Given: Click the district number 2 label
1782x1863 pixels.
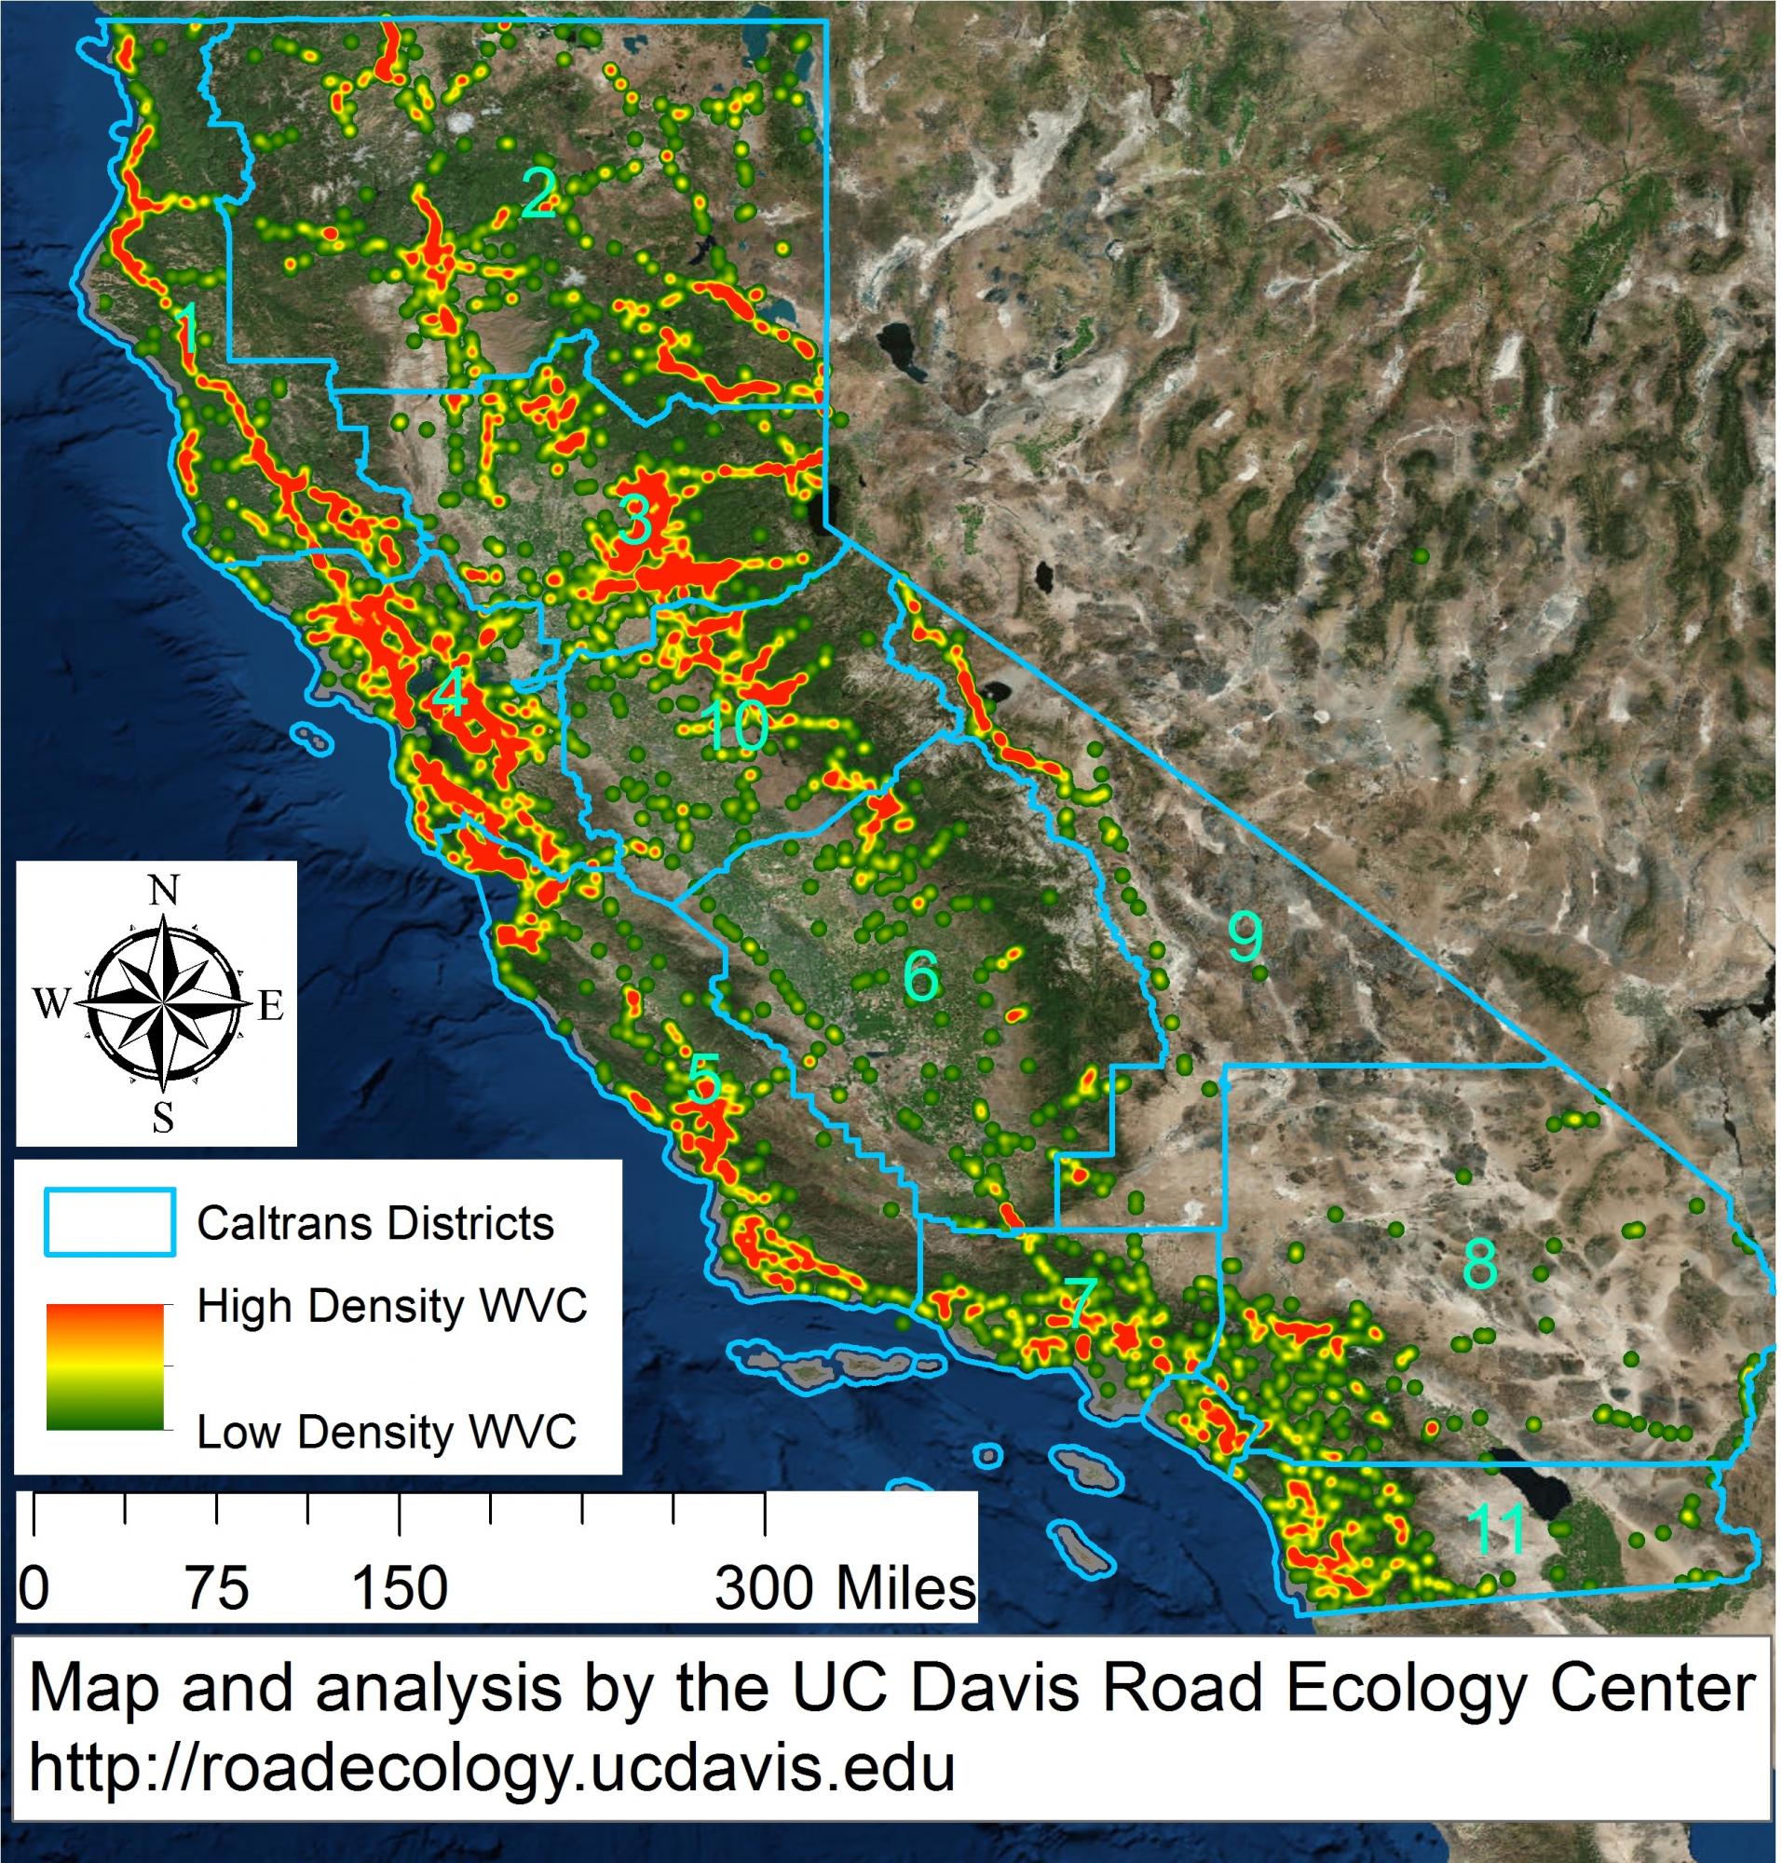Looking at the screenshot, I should pyautogui.click(x=538, y=192).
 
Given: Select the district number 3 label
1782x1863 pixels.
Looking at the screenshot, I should pyautogui.click(x=633, y=519).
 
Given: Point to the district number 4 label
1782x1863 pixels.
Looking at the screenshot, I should pyautogui.click(x=448, y=696).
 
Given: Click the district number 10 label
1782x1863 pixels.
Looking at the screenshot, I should pyautogui.click(x=736, y=728).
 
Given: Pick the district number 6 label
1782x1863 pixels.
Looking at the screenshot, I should pyautogui.click(x=920, y=975).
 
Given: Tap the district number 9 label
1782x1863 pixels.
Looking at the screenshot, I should pyautogui.click(x=1245, y=936).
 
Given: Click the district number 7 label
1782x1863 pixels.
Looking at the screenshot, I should pyautogui.click(x=1080, y=1302).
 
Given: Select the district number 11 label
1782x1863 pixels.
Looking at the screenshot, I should pyautogui.click(x=1496, y=1528).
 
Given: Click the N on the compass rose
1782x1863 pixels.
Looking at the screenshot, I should pyautogui.click(x=164, y=891).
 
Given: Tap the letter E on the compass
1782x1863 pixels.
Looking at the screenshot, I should pyautogui.click(x=272, y=1005).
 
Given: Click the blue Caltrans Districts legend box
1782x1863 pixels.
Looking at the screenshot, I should pyautogui.click(x=109, y=1223).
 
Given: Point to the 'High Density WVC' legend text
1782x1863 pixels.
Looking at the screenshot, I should pyautogui.click(x=391, y=1306).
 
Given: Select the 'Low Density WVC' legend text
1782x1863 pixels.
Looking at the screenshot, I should pyautogui.click(x=386, y=1432).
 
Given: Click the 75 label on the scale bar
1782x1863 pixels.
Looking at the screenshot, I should pyautogui.click(x=219, y=1587).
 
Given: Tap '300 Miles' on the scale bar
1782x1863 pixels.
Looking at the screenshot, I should pyautogui.click(x=845, y=1587).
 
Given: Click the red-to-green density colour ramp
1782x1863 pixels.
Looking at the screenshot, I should pyautogui.click(x=104, y=1367).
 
